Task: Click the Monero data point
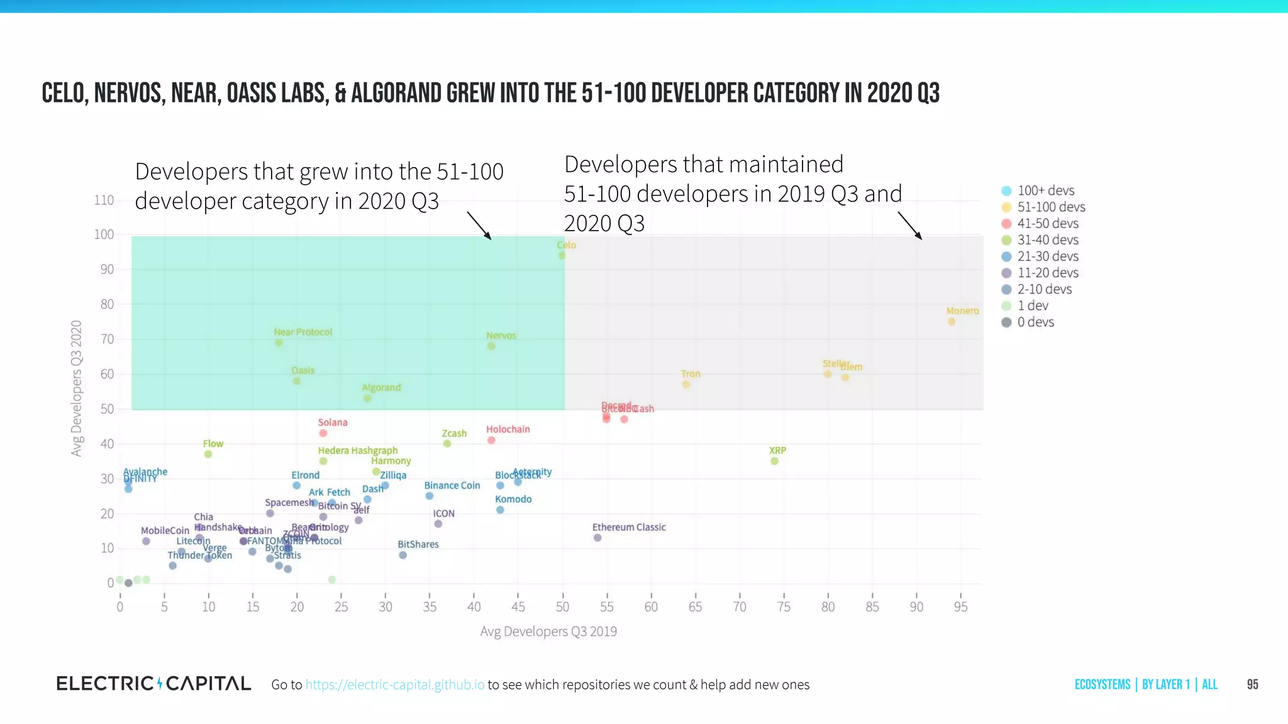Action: pos(952,322)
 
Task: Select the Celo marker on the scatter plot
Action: pos(562,256)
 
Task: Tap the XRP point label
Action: pos(777,451)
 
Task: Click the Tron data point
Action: pos(686,385)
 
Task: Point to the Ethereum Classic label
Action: pos(628,527)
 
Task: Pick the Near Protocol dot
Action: pos(279,343)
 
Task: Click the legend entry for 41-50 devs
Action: pos(1048,224)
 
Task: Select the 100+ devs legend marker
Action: pos(1006,191)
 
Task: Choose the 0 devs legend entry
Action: pos(1035,322)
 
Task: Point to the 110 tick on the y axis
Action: pos(104,200)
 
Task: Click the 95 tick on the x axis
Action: pos(960,606)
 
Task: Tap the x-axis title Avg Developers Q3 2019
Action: pos(548,631)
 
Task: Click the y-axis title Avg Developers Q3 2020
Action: pos(77,388)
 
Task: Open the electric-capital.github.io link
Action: pos(395,684)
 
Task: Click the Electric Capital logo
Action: pos(154,684)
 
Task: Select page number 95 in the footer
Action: pos(1252,684)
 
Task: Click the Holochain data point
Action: pos(491,441)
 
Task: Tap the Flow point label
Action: pos(213,444)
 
